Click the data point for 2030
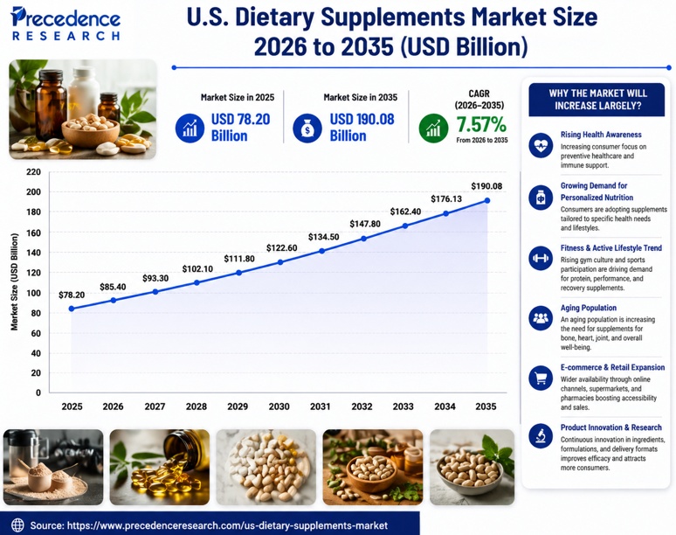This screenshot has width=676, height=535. point(279,262)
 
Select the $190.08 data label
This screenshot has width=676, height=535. point(486,186)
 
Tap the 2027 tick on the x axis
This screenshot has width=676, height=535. point(155,406)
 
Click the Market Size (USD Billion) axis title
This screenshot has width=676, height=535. point(15,281)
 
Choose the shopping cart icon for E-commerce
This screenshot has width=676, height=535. point(541,378)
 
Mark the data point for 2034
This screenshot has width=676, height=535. point(445,213)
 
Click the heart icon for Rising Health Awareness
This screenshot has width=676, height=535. point(541,144)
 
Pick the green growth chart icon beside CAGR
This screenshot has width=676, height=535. point(432,129)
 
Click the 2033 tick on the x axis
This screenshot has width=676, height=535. point(404,406)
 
